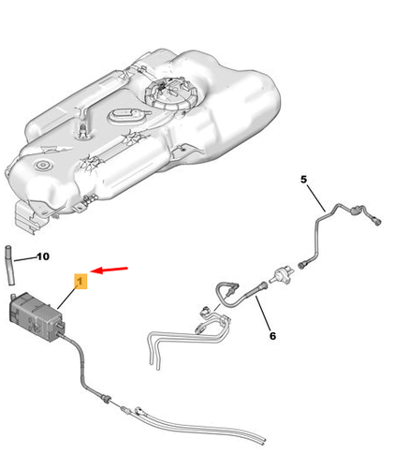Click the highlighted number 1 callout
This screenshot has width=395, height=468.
[x=80, y=282]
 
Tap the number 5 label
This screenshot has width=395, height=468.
[x=303, y=180]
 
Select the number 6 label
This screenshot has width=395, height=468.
[x=272, y=336]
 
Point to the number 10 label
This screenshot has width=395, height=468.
[x=43, y=256]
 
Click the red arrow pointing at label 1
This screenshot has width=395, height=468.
[x=110, y=270]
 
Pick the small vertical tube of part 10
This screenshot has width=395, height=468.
[x=9, y=266]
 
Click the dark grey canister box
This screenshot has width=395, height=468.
[x=37, y=315]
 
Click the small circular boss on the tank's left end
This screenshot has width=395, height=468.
[x=41, y=165]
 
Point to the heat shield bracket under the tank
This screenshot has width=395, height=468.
[x=31, y=217]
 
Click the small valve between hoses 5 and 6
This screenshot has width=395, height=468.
[x=282, y=274]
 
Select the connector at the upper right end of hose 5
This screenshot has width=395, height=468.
[x=375, y=220]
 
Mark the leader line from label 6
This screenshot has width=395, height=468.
[x=263, y=313]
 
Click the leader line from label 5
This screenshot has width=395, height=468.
[x=316, y=198]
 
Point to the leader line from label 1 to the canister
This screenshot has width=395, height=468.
[x=67, y=298]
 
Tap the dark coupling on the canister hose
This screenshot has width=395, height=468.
[x=106, y=398]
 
